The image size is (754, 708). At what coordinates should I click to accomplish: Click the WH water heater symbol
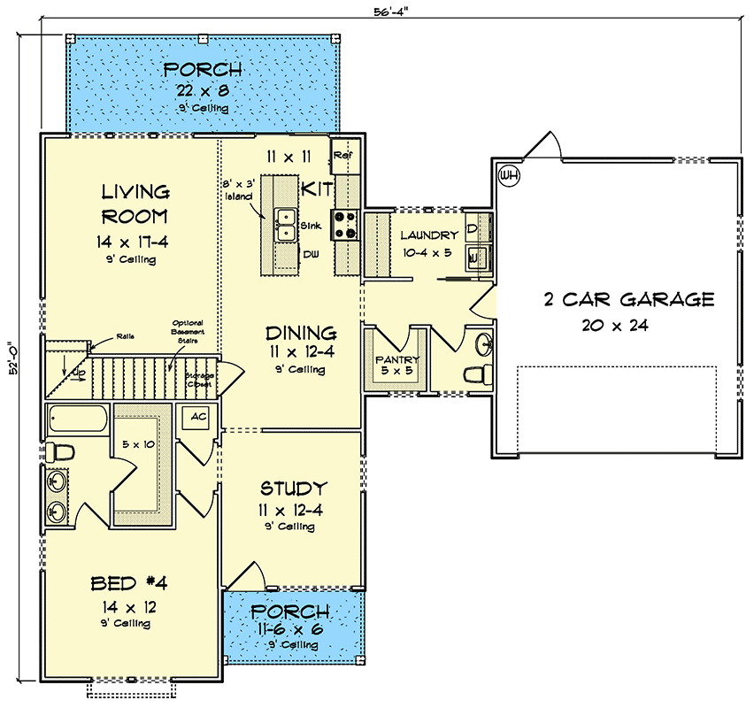[508, 175]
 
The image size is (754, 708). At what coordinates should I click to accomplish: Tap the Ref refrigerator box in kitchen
[342, 156]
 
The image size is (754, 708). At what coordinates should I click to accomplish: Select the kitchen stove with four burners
[345, 225]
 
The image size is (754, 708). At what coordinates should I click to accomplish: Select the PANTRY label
[396, 361]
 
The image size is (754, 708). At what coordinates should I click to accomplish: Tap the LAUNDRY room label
[429, 235]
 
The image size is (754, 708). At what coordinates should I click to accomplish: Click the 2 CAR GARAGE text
[627, 299]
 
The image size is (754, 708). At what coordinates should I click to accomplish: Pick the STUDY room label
[293, 489]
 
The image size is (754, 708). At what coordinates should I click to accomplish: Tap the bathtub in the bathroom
[77, 419]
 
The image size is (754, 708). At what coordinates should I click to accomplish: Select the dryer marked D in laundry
[473, 228]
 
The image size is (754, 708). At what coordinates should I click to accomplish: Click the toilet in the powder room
[478, 373]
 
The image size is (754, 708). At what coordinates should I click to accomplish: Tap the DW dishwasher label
[312, 255]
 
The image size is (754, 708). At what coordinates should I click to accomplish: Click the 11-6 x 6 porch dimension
[292, 629]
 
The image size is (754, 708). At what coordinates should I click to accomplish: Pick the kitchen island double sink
[285, 225]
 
